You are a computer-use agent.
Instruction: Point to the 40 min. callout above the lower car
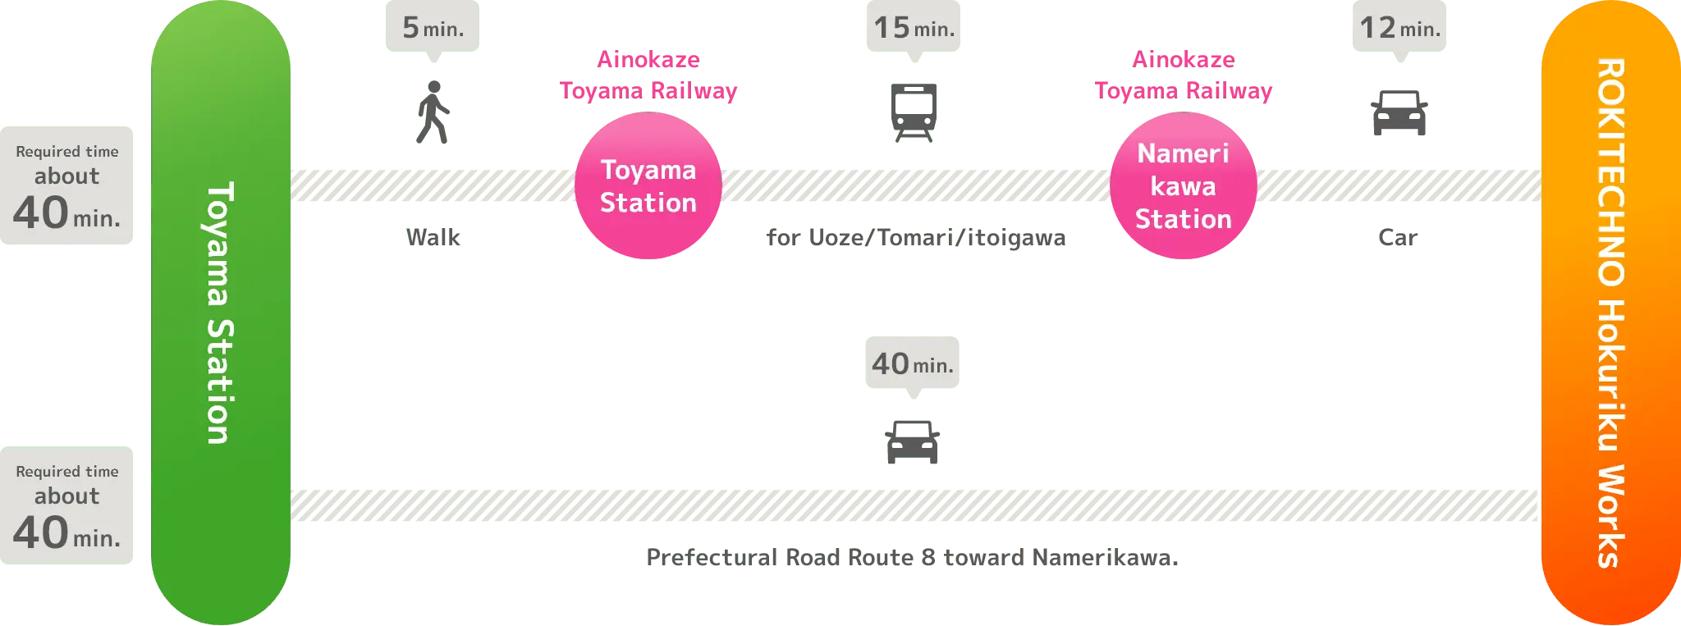pos(912,363)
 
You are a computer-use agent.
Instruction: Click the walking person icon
pos(433,112)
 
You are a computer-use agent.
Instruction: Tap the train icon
pos(913,112)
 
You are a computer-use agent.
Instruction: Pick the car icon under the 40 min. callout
pos(912,442)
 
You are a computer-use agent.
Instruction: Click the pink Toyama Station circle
pos(648,187)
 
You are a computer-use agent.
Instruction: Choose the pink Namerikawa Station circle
pos(1183,187)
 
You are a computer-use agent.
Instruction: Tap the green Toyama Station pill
pos(221,313)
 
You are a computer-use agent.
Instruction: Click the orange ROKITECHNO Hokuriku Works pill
pos(1610,313)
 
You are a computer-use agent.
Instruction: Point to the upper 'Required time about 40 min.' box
pos(68,186)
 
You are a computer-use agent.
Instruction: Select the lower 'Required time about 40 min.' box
pos(68,506)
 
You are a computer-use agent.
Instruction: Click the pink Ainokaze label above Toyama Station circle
pos(648,75)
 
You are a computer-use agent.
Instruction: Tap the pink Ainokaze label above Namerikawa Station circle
pos(1183,75)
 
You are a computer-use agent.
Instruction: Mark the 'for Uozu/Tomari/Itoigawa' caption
pos(917,238)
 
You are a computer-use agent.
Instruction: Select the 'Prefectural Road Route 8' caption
pos(911,558)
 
